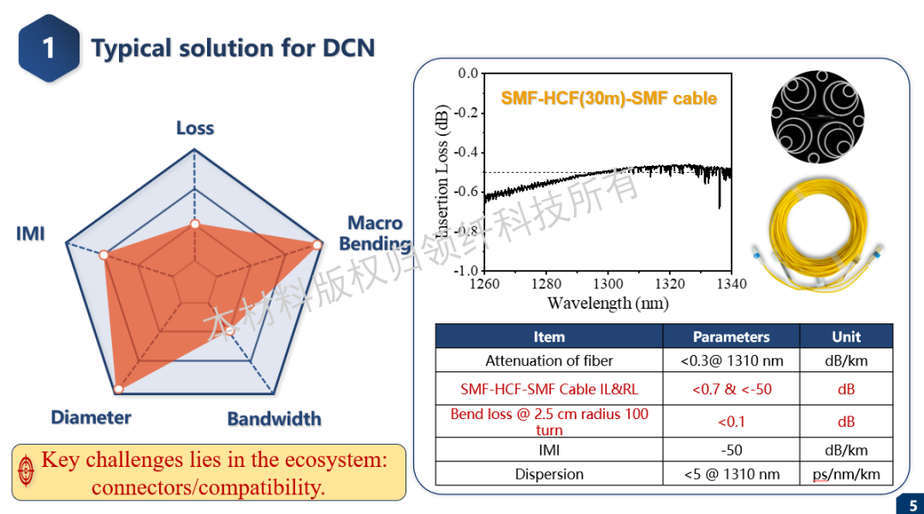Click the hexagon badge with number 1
click(x=49, y=47)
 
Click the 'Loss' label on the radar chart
click(x=195, y=128)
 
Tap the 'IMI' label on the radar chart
click(x=30, y=233)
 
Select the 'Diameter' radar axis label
click(x=91, y=417)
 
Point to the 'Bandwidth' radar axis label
click(x=274, y=418)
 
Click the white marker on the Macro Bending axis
click(x=317, y=245)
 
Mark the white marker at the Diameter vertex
click(x=119, y=389)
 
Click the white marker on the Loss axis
click(x=195, y=224)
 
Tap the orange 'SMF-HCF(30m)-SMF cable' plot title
click(x=608, y=98)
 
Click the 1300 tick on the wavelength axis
click(x=608, y=284)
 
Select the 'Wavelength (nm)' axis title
click(x=607, y=303)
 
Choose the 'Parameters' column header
click(x=731, y=337)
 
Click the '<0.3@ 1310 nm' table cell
click(x=731, y=361)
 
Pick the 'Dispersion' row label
click(x=548, y=474)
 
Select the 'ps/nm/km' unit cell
click(x=845, y=474)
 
